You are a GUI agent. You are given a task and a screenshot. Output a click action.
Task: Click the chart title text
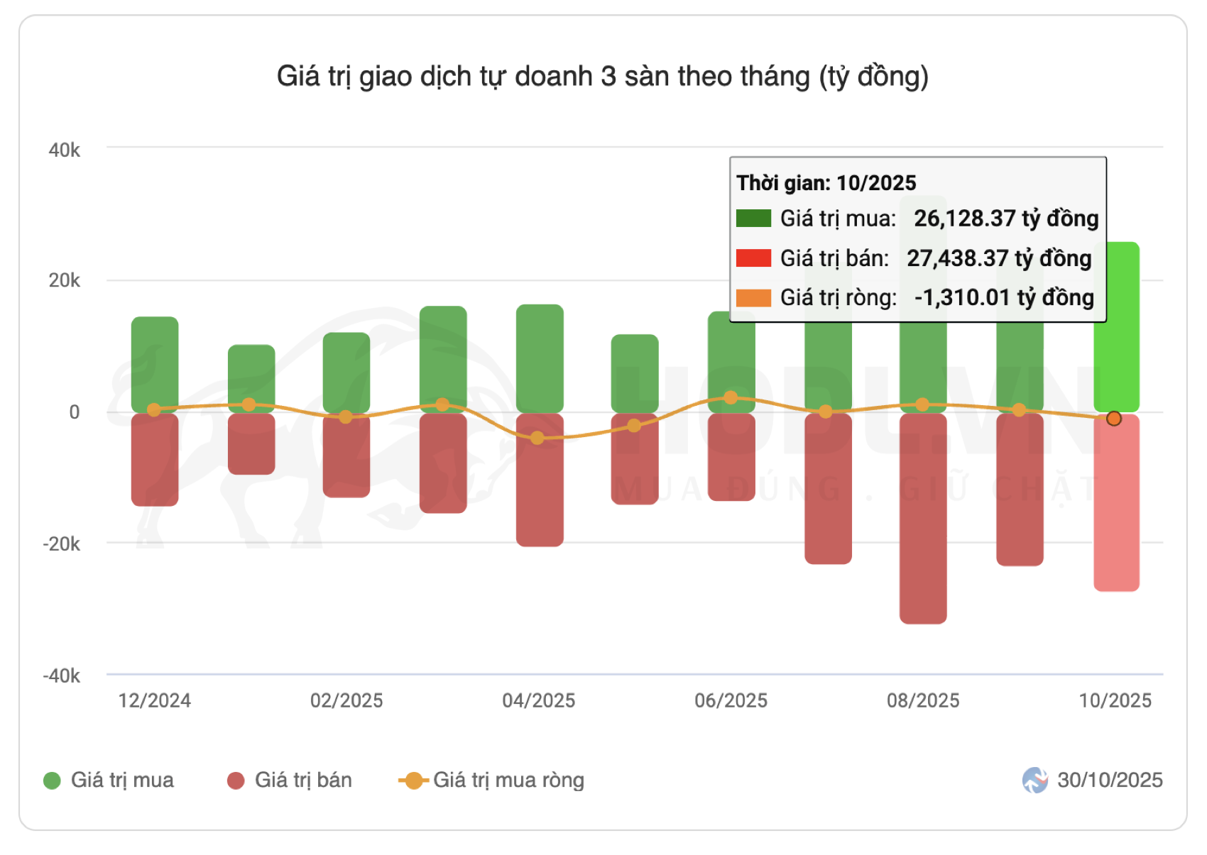click(x=602, y=77)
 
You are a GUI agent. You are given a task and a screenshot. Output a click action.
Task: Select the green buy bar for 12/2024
click(x=155, y=362)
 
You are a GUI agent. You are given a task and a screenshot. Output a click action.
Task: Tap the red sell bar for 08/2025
click(x=922, y=518)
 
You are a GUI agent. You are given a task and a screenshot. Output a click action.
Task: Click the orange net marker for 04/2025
click(x=537, y=438)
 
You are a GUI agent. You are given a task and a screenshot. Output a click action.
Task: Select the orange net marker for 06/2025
click(x=731, y=398)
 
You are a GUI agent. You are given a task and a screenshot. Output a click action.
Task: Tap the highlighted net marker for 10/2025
click(x=1114, y=419)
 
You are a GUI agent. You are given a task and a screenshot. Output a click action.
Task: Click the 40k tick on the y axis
click(x=64, y=150)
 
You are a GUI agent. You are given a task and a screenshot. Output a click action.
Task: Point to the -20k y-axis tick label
click(x=62, y=544)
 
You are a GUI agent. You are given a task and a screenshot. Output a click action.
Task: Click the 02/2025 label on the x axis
click(x=346, y=701)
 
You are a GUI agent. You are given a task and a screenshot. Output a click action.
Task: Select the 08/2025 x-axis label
click(x=923, y=701)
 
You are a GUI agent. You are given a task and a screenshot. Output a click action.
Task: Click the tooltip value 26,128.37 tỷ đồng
click(x=1006, y=219)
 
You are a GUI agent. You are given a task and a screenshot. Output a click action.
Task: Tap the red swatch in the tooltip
click(x=753, y=258)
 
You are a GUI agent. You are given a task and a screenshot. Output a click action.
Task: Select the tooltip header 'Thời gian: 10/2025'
click(x=826, y=183)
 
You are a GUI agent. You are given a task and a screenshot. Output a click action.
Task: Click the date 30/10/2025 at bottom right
click(x=1109, y=780)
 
